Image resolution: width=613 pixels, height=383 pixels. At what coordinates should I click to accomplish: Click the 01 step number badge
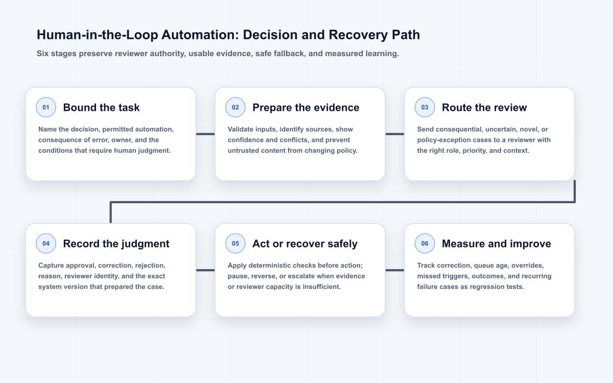coord(46,107)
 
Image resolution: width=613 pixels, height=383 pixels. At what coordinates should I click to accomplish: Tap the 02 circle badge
coord(235,107)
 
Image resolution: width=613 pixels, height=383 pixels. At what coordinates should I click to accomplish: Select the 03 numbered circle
coord(425,107)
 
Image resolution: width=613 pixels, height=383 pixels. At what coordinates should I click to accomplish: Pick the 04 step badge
coord(46,244)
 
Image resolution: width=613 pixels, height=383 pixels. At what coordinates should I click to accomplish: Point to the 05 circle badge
coord(235,244)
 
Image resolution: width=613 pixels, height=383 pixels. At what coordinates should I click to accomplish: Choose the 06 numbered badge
coord(425,244)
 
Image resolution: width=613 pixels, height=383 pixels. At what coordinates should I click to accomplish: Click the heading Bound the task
coord(101,108)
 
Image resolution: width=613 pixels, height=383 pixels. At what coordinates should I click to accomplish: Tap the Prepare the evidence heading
coord(305,108)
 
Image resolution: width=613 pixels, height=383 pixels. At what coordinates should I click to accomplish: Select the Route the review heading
coord(484,108)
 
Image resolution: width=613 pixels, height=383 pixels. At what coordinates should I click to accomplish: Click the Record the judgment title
coord(116,244)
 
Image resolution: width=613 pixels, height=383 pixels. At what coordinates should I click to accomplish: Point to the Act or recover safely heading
coord(305,244)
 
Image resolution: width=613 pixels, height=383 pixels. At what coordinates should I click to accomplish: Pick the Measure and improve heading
coord(497,244)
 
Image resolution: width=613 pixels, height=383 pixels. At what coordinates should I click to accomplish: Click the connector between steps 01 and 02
coord(205,134)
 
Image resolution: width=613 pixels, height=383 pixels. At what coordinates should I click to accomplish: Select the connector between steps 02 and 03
coord(395,134)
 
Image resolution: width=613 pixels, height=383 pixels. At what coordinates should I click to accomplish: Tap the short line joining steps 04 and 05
coord(205,270)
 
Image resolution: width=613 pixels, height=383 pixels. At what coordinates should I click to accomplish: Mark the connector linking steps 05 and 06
coord(395,270)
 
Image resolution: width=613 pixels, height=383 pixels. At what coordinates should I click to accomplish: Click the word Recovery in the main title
coord(358,35)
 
